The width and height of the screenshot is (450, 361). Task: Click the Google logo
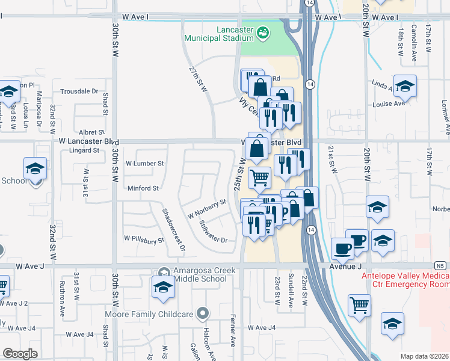coord(20,354)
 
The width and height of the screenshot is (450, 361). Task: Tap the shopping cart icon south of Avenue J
coord(359,304)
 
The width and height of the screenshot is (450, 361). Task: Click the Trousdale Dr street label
coord(79,91)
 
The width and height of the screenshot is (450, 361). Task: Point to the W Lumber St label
coord(144,163)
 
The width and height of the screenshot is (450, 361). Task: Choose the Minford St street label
coord(143,188)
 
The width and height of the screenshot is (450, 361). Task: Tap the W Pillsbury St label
coord(144,241)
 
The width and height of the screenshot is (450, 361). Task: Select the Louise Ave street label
coord(388,103)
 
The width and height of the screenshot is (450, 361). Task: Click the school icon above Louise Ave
coord(405,87)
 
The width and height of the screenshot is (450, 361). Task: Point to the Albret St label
coord(92,132)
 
